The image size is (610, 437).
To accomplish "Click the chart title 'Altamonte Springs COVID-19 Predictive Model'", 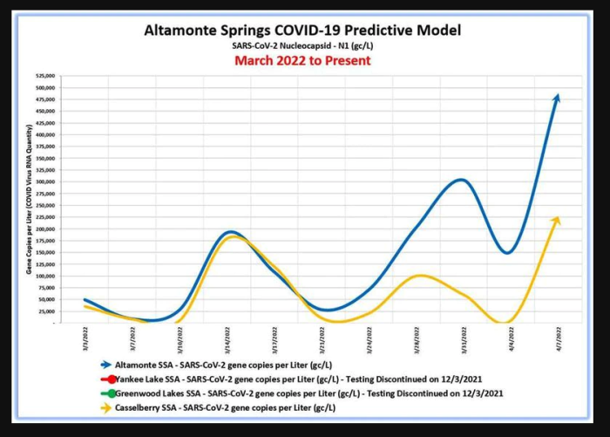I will click(x=303, y=31).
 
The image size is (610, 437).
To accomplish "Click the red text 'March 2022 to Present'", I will click(x=302, y=60).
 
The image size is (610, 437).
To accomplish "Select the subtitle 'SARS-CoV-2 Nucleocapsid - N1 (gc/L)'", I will click(x=303, y=45).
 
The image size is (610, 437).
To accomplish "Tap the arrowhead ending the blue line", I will click(x=557, y=98).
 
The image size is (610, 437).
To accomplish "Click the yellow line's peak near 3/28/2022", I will click(x=420, y=276).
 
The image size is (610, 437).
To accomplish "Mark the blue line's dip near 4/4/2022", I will click(x=507, y=253).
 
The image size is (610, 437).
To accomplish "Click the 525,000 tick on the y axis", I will click(x=45, y=76).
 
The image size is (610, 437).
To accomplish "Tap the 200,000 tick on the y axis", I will click(x=45, y=229).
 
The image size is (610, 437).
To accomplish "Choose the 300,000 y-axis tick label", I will click(x=45, y=181).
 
